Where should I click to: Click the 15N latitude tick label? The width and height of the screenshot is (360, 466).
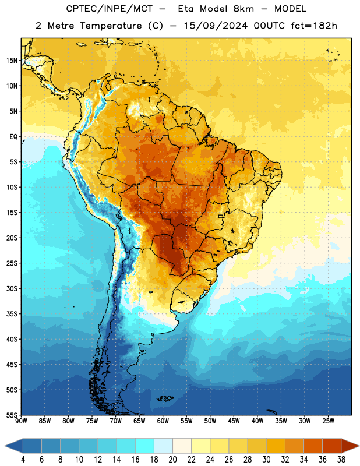pos(12,61)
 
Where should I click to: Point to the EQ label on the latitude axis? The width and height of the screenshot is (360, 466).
pos(13,137)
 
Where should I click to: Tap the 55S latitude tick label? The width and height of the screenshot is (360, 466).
pos(12,415)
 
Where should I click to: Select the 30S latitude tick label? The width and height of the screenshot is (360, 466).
pos(12,288)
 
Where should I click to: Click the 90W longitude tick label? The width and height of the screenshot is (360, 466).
pos(21,421)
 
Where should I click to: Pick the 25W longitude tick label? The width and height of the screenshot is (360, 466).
pos(328,421)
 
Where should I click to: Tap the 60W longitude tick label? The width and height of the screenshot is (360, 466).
pos(163,421)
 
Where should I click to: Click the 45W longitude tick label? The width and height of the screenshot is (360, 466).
pos(234,421)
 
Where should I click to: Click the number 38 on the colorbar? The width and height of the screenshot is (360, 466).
pos(341,460)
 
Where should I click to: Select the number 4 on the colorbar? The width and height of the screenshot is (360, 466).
pos(23,460)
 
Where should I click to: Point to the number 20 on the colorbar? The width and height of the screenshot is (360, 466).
pos(172,460)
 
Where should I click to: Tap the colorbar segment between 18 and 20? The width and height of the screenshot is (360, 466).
pos(163,446)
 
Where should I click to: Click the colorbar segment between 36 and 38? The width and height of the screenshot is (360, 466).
pos(332,446)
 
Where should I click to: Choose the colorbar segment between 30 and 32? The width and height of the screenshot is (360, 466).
pos(276,446)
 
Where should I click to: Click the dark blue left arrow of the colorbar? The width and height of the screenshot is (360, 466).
pos(14,446)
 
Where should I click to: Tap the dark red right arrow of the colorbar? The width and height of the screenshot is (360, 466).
pos(350,446)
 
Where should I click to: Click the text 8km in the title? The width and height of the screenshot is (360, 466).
pos(243,9)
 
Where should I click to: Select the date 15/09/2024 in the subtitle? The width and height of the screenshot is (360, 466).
pos(216,26)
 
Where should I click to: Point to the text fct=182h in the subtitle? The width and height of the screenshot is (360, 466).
pos(314,26)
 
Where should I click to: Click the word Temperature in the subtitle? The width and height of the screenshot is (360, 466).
pos(111,26)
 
